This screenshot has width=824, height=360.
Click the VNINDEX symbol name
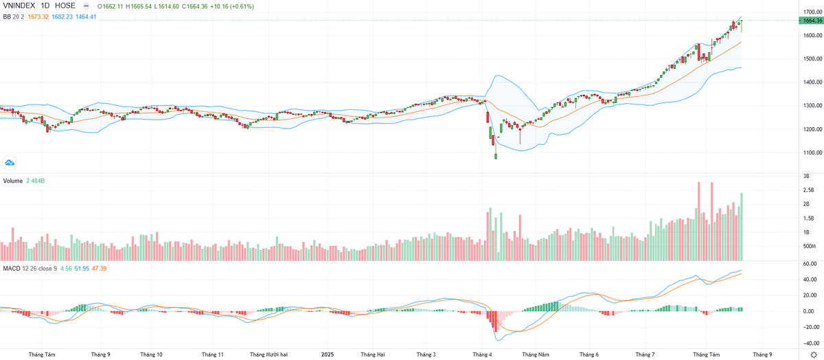[x=20, y=6]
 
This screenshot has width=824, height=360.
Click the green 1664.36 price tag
[x=810, y=21]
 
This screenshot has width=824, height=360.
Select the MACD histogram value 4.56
[x=67, y=267]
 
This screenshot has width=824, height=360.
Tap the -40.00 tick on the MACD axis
[x=809, y=342]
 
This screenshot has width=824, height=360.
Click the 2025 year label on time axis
[x=328, y=355]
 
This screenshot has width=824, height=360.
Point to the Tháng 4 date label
[x=482, y=355]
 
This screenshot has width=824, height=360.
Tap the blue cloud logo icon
[x=10, y=162]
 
